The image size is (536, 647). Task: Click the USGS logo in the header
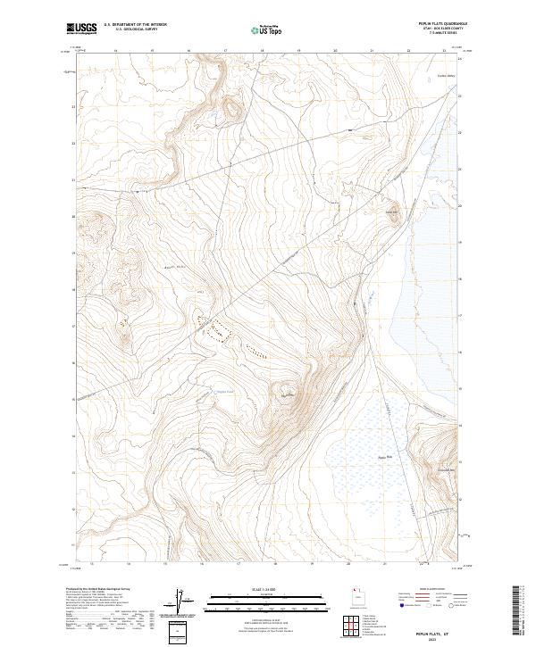81,29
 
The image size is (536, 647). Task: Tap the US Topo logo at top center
268,30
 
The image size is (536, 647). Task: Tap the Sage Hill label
391,212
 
